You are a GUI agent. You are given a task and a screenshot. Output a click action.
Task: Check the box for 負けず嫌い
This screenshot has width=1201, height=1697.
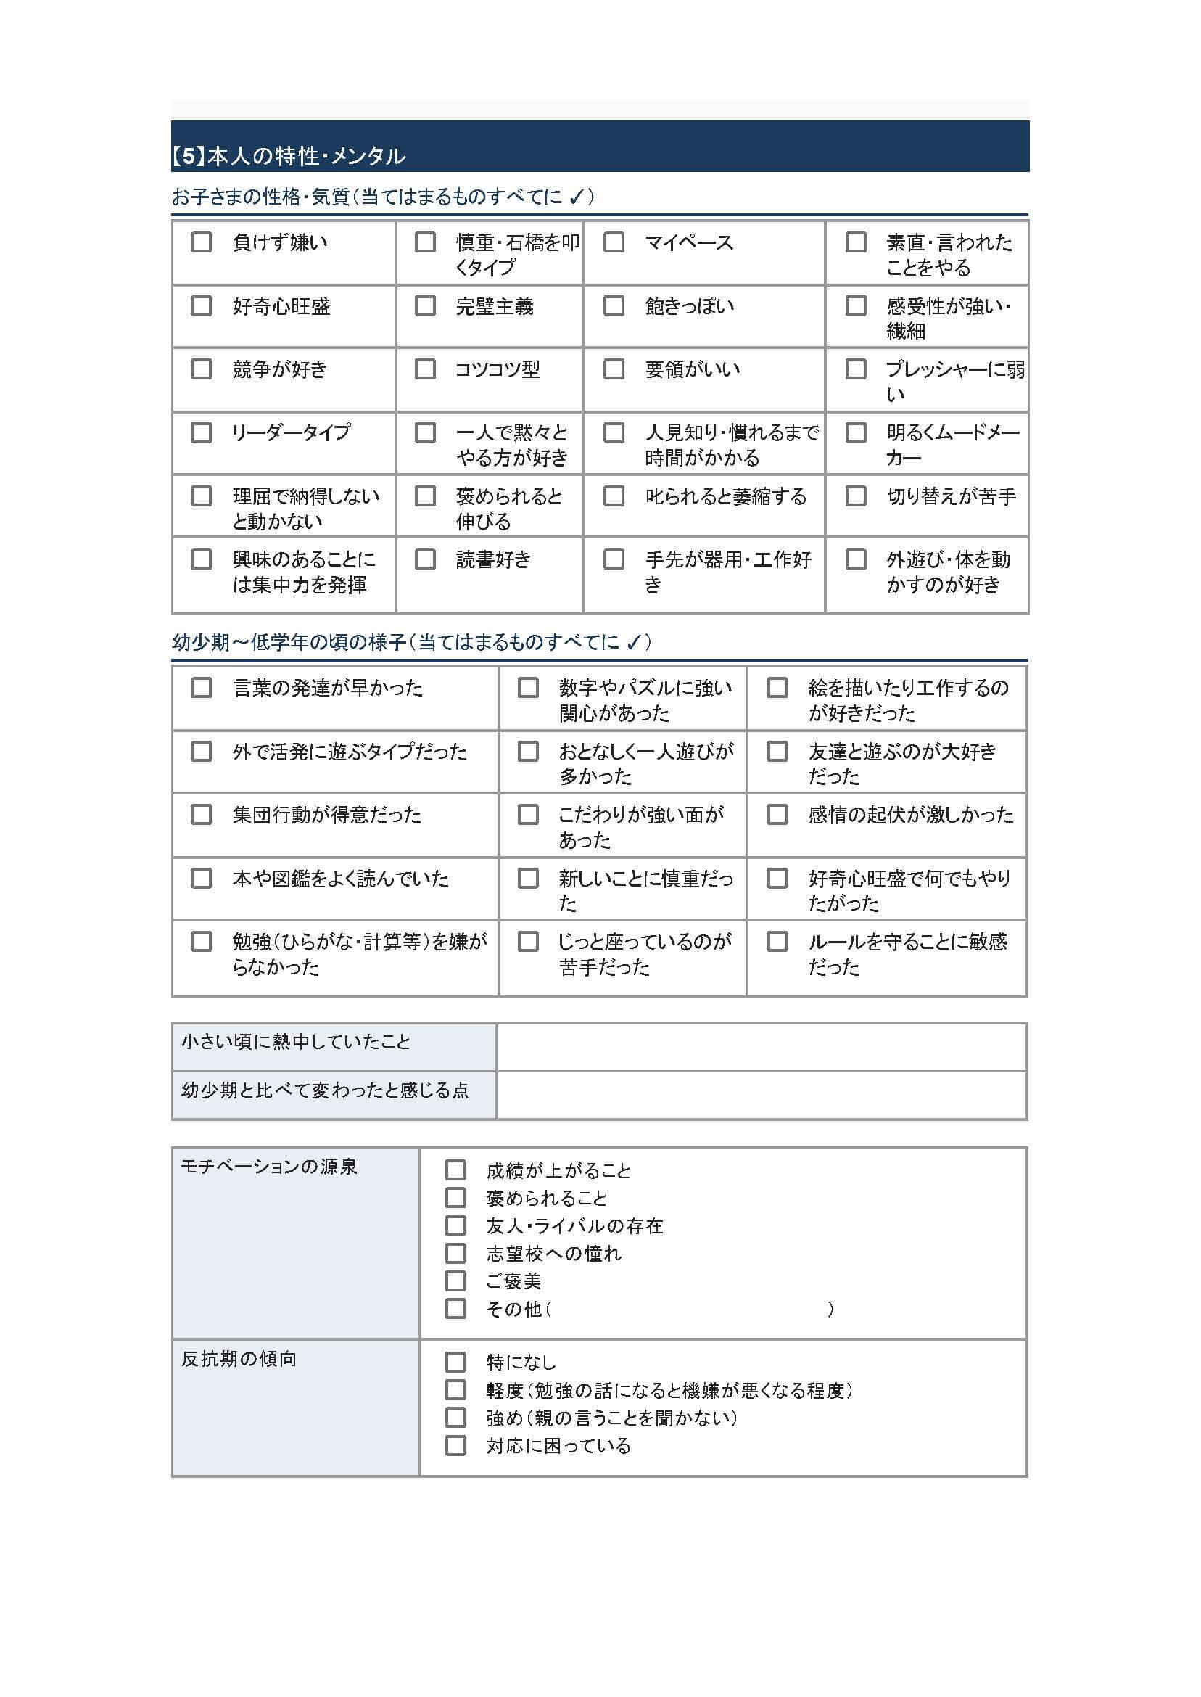coord(201,242)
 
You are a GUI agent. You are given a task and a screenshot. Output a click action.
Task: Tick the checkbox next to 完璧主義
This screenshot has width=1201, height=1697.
coord(425,305)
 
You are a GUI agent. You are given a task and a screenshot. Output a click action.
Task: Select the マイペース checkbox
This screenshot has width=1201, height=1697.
coord(614,242)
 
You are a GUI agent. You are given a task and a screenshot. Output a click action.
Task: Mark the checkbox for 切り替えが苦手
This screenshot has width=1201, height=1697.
coord(856,496)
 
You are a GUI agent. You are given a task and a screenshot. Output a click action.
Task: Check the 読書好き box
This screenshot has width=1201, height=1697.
coord(425,559)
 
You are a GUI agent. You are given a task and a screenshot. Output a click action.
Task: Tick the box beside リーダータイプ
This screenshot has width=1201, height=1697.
coord(201,432)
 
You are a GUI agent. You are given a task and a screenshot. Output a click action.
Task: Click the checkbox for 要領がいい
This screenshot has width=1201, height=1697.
coord(614,369)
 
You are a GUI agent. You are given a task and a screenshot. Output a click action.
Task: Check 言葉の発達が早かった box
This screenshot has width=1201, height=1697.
coord(201,687)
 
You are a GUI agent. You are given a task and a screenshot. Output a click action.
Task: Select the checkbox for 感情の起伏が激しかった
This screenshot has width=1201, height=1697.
coord(777,815)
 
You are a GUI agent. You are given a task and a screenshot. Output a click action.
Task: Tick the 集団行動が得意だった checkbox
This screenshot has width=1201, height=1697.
coord(201,815)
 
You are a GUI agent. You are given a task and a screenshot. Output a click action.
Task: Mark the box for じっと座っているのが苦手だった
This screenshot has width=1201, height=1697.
coord(528,942)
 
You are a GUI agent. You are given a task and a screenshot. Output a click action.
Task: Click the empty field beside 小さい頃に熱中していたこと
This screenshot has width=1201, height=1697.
coord(761,1047)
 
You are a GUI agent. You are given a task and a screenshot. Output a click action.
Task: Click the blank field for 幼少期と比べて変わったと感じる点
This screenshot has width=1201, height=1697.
coord(761,1095)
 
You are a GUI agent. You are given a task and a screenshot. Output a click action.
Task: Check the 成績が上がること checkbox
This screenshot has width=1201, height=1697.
coord(455,1170)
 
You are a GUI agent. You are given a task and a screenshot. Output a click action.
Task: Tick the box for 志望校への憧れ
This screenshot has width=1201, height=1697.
coord(455,1253)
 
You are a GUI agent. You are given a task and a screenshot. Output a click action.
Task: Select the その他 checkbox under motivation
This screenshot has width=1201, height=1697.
coord(455,1309)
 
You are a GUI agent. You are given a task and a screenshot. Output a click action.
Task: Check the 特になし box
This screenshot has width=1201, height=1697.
coord(455,1362)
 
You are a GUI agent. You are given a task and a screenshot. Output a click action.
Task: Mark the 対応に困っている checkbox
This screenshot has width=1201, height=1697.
coord(455,1445)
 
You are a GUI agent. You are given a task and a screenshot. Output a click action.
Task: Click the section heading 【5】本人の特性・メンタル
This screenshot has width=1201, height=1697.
coord(289,156)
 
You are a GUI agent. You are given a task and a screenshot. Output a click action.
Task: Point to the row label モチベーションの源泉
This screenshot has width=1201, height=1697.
coord(269,1167)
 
